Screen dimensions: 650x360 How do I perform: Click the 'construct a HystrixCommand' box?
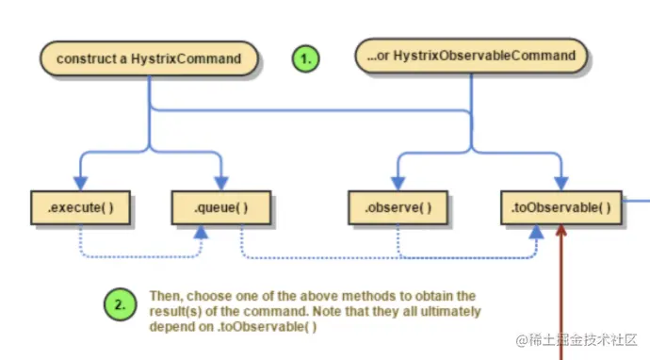point(149,58)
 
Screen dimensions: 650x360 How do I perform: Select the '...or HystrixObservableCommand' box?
point(471,56)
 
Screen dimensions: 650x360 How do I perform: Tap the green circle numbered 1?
point(305,58)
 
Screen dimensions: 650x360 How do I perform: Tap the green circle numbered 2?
point(120,304)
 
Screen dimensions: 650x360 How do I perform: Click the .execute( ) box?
point(80,207)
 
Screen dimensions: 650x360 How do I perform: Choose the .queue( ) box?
point(221,207)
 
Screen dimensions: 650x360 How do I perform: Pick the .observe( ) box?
point(398,207)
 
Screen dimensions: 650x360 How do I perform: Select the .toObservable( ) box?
point(561,207)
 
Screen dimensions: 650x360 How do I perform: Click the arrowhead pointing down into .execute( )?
point(80,184)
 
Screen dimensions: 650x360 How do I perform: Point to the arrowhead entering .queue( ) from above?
point(221,184)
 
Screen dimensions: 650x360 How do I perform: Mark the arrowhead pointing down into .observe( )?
point(398,184)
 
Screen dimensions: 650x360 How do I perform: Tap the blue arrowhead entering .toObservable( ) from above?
point(561,184)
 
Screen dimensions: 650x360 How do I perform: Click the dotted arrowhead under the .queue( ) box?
point(201,232)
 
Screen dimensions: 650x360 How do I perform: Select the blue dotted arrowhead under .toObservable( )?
point(536,232)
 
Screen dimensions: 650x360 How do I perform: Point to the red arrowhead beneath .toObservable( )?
point(561,230)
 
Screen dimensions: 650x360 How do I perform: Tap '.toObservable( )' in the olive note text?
point(268,327)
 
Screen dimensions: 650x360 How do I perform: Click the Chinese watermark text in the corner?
point(577,340)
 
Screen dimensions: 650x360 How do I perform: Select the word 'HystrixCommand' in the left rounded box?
point(187,58)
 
